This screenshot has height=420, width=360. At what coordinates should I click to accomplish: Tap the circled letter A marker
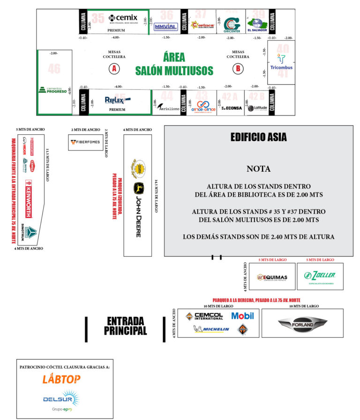point(113,69)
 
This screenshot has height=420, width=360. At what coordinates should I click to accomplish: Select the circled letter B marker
point(238,69)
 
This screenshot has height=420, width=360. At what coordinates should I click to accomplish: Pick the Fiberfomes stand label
point(85,142)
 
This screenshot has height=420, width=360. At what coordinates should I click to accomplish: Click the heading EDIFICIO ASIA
point(258,137)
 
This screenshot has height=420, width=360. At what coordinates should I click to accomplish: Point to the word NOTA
point(258,169)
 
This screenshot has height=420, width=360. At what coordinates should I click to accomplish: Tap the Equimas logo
point(272,276)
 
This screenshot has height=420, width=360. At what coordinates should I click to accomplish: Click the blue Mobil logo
point(242,316)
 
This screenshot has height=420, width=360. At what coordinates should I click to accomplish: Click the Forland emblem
point(302,323)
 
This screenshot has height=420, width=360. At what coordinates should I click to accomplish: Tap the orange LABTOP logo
point(61,379)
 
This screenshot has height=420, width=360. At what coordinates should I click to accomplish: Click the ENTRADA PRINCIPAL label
point(125,326)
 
